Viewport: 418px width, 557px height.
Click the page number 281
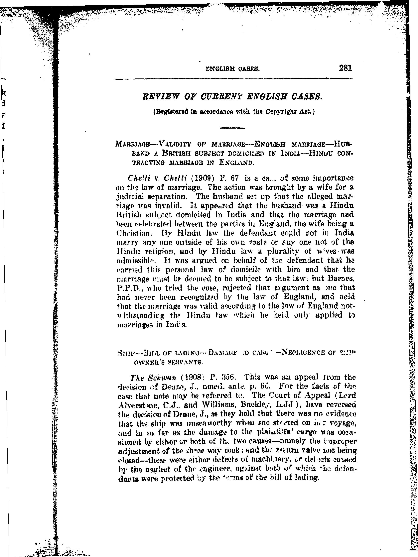point(345,68)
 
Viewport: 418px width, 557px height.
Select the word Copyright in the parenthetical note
point(281,112)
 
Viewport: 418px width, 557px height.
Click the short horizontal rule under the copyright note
point(232,128)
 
